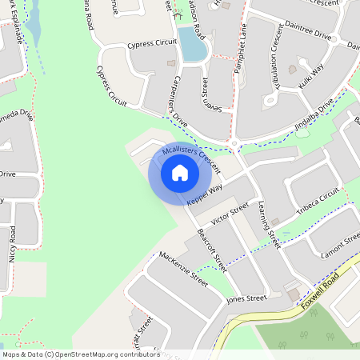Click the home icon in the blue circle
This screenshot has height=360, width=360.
click(x=180, y=172)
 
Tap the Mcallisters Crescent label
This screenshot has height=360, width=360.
click(x=190, y=157)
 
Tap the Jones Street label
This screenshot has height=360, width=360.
click(x=246, y=298)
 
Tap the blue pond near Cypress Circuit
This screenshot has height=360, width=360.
click(x=193, y=45)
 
